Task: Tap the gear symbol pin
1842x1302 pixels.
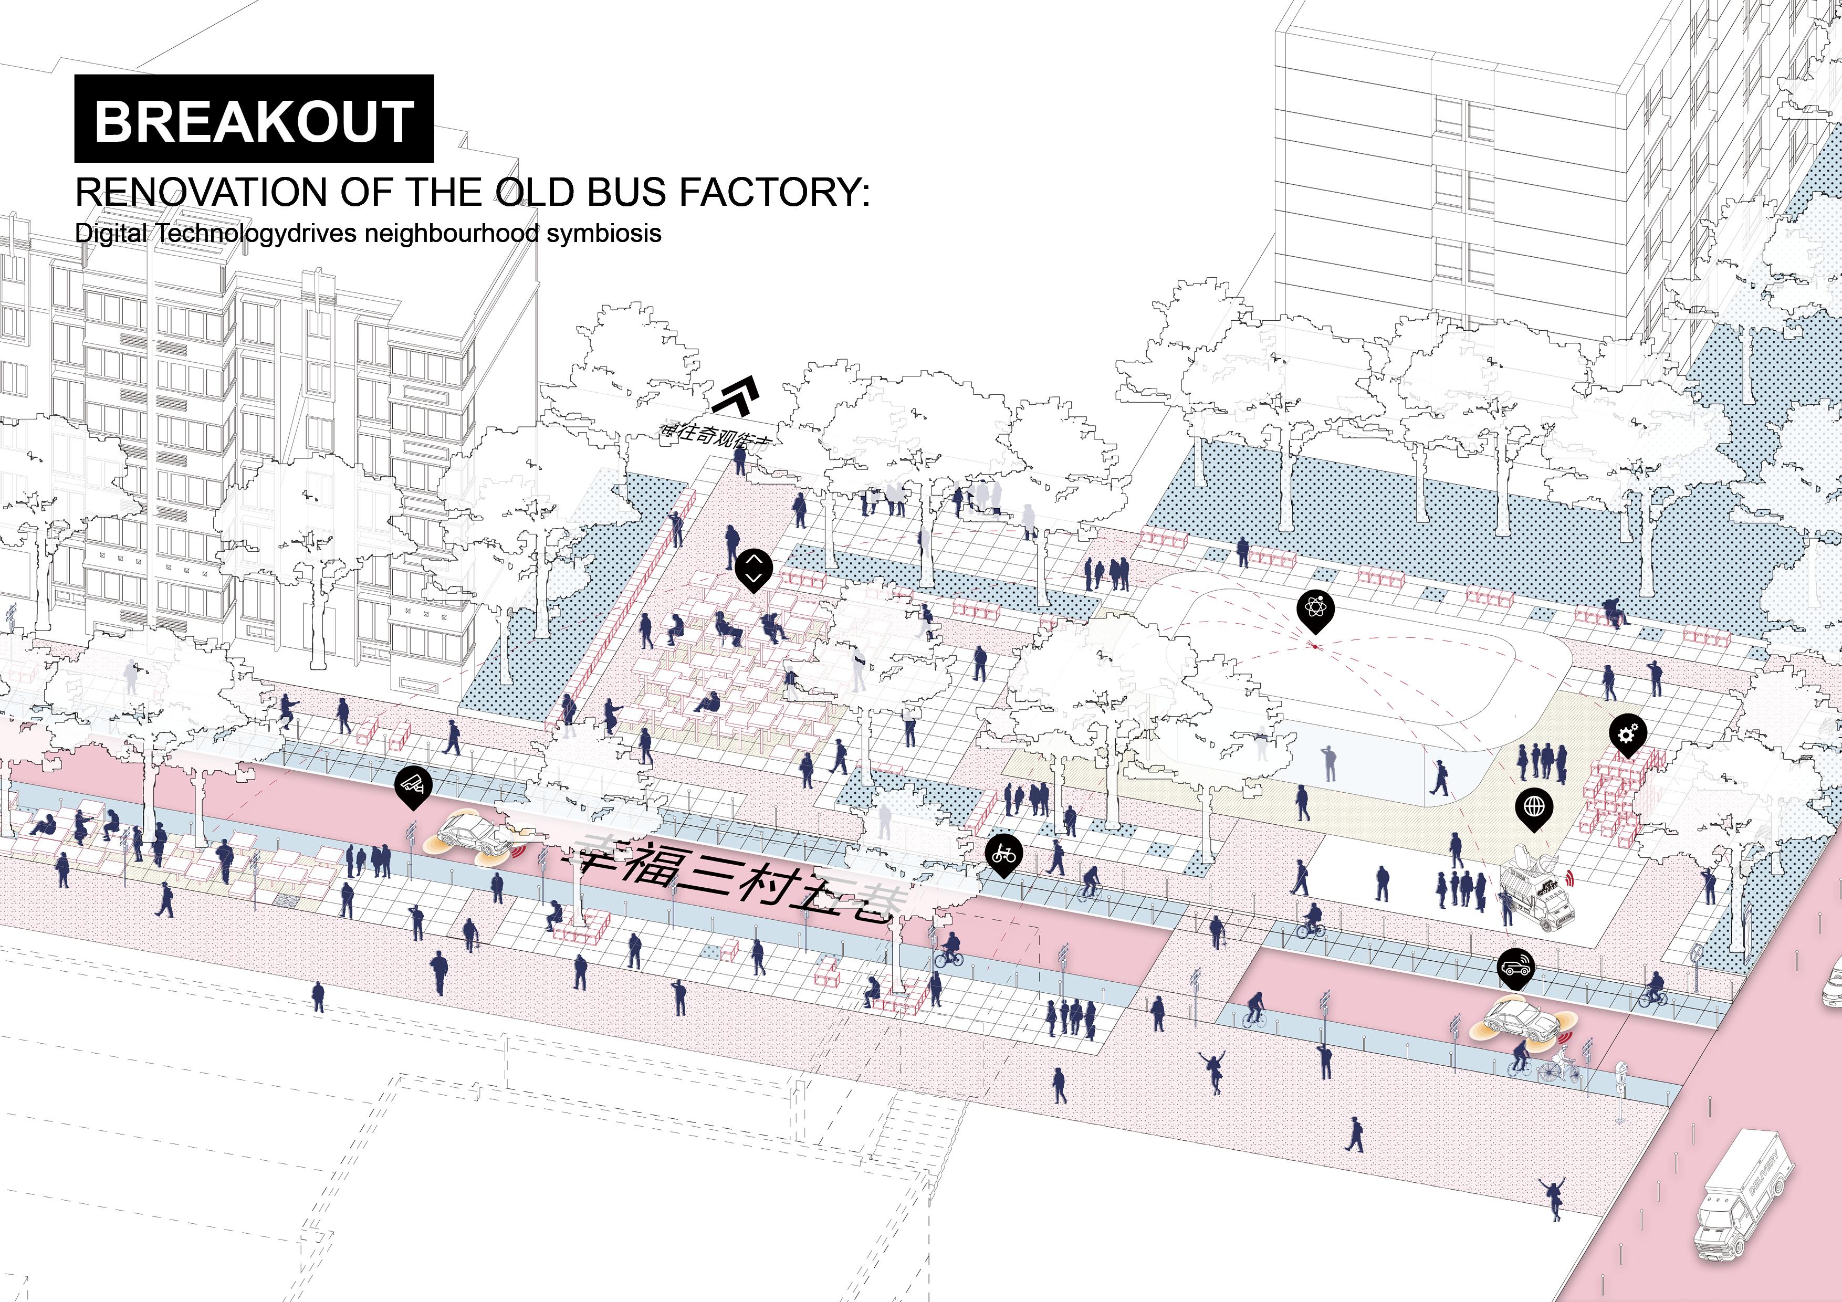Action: pos(1628,734)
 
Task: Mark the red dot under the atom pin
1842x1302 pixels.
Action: pos(1315,646)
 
